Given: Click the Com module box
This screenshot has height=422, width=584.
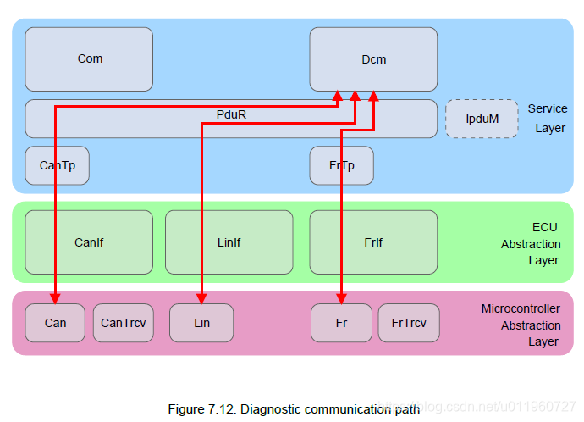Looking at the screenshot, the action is [x=89, y=59].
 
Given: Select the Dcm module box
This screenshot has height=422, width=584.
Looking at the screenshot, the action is [x=373, y=59].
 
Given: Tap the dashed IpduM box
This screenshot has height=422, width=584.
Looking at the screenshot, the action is [x=482, y=119].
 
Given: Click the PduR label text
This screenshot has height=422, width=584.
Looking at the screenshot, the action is [x=231, y=114].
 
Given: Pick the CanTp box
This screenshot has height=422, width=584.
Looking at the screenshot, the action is [x=57, y=165].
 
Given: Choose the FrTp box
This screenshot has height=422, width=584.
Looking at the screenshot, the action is [x=342, y=165].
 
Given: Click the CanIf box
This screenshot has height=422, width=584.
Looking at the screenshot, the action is [x=89, y=242].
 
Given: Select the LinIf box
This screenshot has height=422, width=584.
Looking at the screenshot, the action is [x=229, y=242].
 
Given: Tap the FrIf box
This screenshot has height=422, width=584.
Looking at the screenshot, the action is [x=373, y=242].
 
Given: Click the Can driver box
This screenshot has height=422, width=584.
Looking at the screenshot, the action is [x=55, y=323].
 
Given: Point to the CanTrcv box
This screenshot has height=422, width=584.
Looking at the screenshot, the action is [x=124, y=323].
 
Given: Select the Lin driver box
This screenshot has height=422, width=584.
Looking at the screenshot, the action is [x=201, y=323].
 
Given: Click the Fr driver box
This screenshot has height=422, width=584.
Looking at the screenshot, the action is [x=341, y=323].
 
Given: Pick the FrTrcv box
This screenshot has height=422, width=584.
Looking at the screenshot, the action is [x=409, y=323].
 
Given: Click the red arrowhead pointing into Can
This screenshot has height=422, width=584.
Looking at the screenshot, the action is [x=55, y=299].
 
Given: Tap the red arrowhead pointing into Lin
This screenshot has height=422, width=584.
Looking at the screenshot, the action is [x=201, y=299].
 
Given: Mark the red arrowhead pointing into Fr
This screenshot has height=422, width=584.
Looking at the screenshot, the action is [x=342, y=299].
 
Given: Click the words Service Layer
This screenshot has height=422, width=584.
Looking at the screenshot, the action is [x=548, y=118].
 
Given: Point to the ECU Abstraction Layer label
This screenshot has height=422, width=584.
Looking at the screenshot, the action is [x=531, y=244].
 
